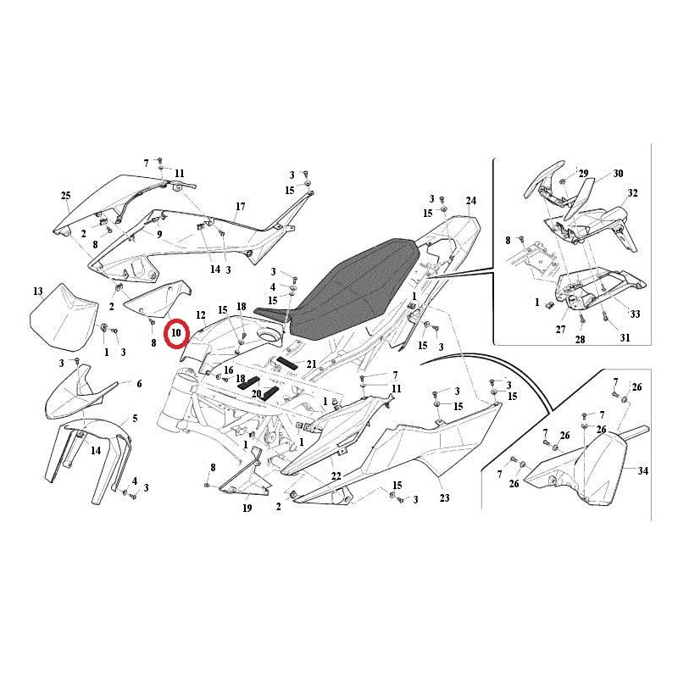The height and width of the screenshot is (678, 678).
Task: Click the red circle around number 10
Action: tap(165, 334)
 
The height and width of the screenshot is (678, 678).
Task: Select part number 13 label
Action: tap(38, 291)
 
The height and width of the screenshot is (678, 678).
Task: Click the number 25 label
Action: tap(65, 196)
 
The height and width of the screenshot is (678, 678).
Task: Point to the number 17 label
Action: tap(240, 206)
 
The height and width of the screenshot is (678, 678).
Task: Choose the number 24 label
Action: tap(471, 201)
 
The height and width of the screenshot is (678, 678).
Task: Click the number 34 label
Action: tap(643, 470)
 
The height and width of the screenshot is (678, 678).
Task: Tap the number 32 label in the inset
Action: tap(632, 193)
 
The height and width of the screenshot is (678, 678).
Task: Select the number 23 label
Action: tap(444, 497)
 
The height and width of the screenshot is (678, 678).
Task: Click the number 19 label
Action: tap(247, 508)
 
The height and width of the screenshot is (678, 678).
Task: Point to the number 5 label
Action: tap(136, 419)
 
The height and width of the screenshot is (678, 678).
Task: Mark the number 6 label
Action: tap(139, 384)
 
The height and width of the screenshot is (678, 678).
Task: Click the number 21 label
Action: tap(311, 364)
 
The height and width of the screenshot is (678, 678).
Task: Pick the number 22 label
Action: tap(336, 476)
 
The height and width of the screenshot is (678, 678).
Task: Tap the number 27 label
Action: tap(560, 330)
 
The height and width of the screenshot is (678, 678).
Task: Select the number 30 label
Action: tap(619, 174)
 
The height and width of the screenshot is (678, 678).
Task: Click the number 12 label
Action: tap(201, 314)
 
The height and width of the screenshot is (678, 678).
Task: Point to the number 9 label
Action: tap(159, 235)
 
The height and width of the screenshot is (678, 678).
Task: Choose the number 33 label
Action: tap(635, 314)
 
